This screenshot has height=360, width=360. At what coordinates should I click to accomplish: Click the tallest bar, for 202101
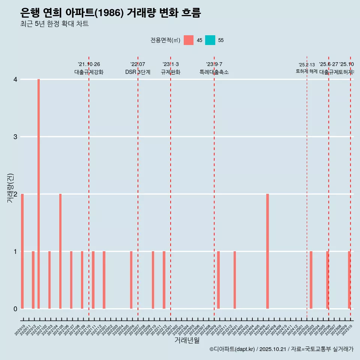pyautogui.click(x=39, y=194)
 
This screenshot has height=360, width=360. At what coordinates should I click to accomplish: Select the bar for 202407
pyautogui.click(x=267, y=251)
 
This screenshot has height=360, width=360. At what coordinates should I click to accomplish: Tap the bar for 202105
pyautogui.click(x=60, y=251)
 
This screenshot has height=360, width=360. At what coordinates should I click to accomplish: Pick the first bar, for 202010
pyautogui.click(x=22, y=251)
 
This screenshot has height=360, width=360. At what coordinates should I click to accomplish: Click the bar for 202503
pyautogui.click(x=311, y=280)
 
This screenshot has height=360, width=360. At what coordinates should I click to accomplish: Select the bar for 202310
pyautogui.click(x=218, y=280)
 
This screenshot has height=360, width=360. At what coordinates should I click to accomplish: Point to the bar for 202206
pyautogui.click(x=131, y=280)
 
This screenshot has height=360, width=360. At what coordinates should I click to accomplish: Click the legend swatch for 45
pyautogui.click(x=189, y=40)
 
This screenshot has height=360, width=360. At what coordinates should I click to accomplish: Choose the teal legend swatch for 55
pyautogui.click(x=210, y=40)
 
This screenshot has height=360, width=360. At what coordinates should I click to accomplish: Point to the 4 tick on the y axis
pyautogui.click(x=15, y=79)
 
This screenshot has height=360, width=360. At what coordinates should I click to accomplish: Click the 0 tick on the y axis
pyautogui.click(x=15, y=309)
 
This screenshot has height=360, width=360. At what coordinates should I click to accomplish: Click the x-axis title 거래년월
pyautogui.click(x=187, y=340)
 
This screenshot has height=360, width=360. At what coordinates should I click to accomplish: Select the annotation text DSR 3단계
pyautogui.click(x=138, y=72)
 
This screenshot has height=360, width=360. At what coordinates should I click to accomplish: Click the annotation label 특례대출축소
pyautogui.click(x=214, y=72)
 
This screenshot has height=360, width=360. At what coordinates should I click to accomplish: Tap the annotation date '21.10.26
pyautogui.click(x=89, y=64)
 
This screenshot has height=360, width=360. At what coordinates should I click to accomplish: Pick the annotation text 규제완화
pyautogui.click(x=171, y=72)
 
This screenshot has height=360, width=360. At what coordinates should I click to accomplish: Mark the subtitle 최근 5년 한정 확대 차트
pyautogui.click(x=54, y=24)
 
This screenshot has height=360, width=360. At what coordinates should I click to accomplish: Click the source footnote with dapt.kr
pyautogui.click(x=281, y=349)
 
